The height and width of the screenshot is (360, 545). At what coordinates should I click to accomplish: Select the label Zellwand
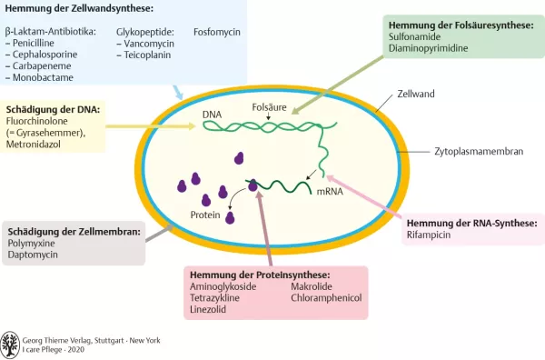pos(418,95)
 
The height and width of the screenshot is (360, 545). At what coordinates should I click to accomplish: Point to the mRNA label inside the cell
pos(329,194)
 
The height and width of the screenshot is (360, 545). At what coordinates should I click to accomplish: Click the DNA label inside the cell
pos(212,115)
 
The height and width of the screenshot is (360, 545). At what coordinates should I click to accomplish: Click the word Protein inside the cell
pos(205,215)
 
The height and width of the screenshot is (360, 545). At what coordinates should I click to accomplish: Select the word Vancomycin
pos(148,43)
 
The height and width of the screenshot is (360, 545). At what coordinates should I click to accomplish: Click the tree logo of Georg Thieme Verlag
pos(10,344)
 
